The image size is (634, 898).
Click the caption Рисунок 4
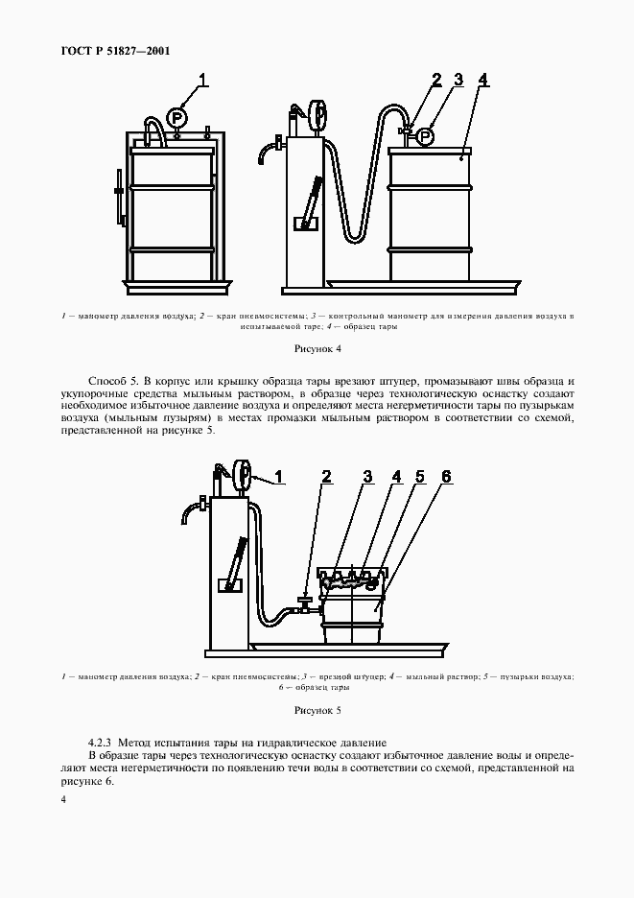[x=317, y=350]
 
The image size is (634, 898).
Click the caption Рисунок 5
[x=317, y=711]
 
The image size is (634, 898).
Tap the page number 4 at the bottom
[x=64, y=799]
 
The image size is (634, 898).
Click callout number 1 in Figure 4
[x=202, y=81]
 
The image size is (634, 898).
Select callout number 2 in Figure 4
[x=436, y=81]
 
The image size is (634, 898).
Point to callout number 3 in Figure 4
[x=458, y=81]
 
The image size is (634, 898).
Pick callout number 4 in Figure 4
[x=483, y=81]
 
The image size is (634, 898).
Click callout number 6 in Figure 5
[x=445, y=476]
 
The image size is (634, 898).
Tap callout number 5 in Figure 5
[x=419, y=476]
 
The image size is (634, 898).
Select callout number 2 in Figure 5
[x=326, y=476]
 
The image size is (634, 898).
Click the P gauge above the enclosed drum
[x=176, y=118]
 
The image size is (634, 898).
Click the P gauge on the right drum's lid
[x=427, y=136]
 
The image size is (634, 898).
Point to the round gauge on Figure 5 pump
[x=243, y=472]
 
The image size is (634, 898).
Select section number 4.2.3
[x=100, y=742]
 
